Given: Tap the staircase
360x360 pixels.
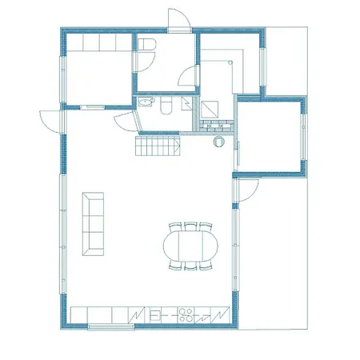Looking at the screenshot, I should (158, 147).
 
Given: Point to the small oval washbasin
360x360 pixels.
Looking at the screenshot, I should (146, 102).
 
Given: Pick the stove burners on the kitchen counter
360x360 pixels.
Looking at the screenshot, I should (188, 315).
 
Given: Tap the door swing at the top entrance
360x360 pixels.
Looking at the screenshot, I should (178, 20).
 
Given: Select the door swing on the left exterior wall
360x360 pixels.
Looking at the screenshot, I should (51, 120).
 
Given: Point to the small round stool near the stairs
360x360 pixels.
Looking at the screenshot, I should (218, 144).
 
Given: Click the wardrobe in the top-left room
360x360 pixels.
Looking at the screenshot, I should (97, 42).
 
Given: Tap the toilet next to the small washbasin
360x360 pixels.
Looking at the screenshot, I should (165, 106).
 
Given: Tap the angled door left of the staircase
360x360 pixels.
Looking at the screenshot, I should (126, 123).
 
